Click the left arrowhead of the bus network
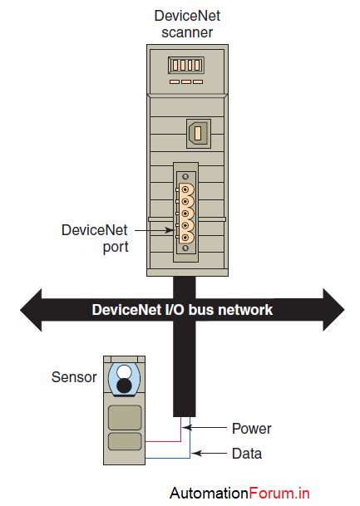pos(32,310)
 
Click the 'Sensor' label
pos(74,376)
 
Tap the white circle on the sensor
pos(124,371)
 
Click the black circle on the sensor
pos(124,386)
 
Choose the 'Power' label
pos(250,429)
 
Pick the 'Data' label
pos(245,454)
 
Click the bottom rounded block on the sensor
pos(124,441)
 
